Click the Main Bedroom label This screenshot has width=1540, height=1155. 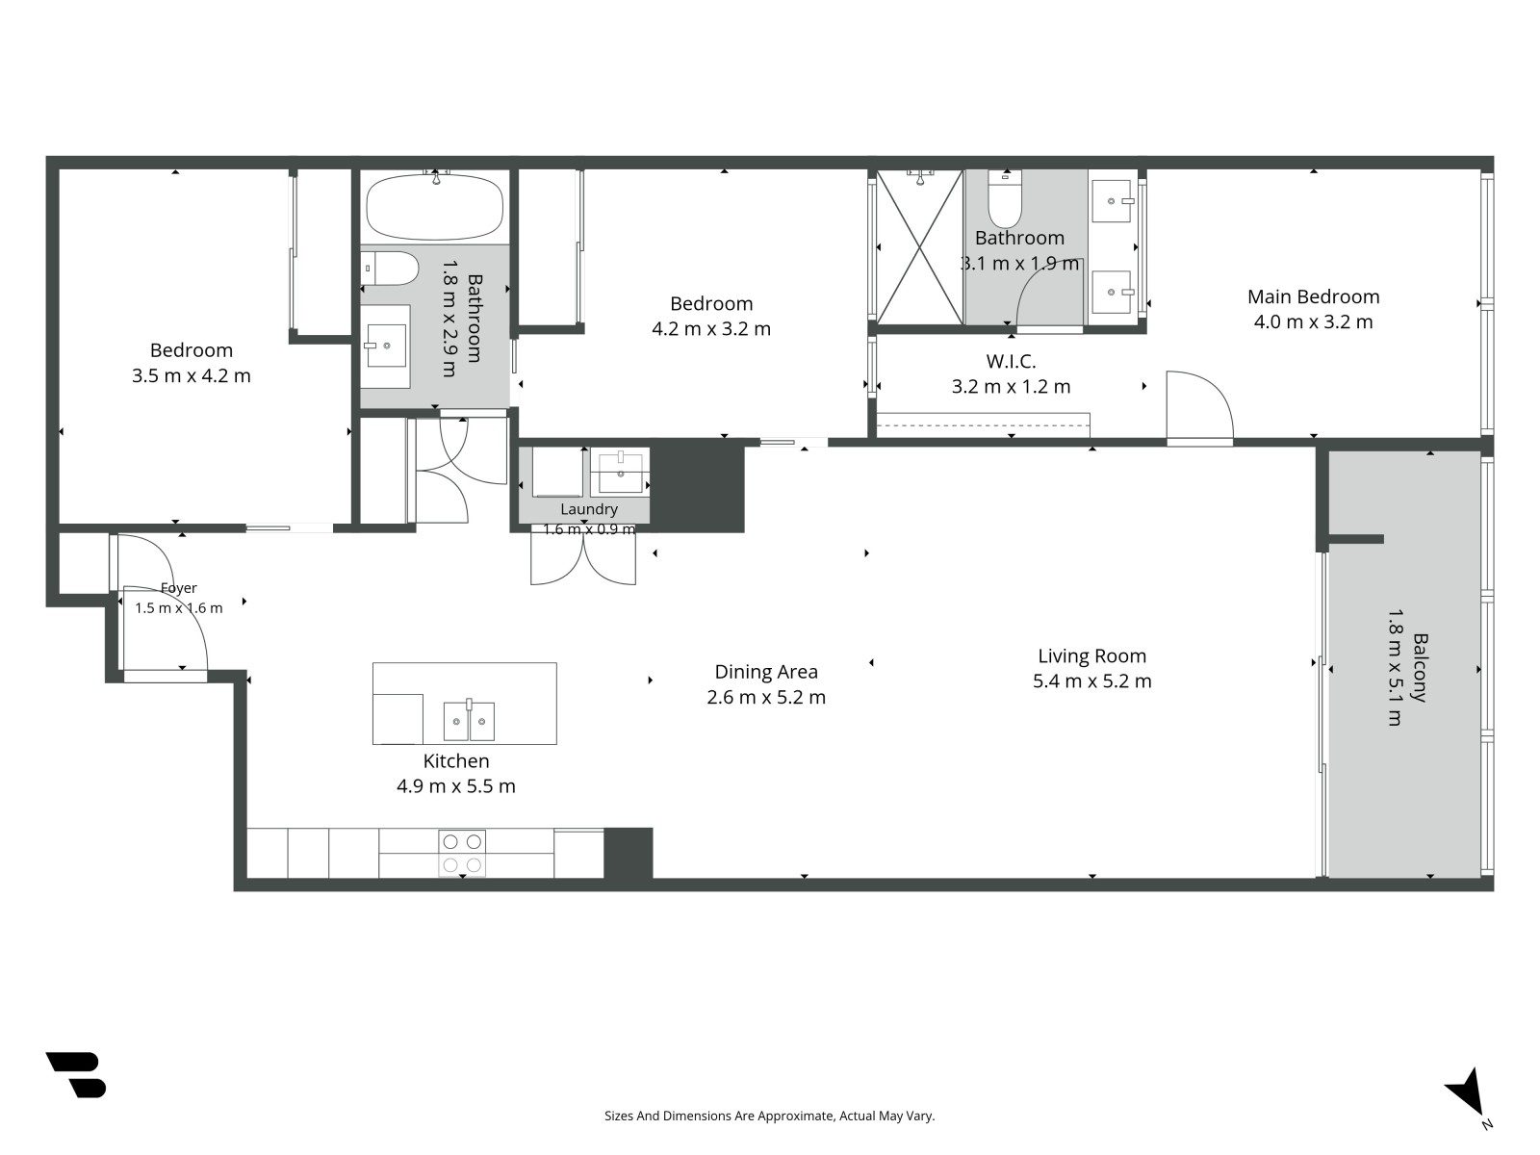1313,296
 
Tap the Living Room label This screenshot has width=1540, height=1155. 1091,655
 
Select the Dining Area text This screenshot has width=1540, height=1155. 766,672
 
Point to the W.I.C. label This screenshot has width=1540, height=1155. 1011,361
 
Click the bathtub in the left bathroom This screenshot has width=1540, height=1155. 435,207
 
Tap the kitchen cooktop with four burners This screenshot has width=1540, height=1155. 462,853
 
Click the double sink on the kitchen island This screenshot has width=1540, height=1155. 469,721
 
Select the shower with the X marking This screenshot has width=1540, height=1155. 919,246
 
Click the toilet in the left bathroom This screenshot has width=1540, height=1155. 390,269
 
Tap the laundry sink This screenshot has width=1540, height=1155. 620,472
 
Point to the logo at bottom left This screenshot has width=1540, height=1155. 76,1074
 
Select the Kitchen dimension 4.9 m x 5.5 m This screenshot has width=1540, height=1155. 456,786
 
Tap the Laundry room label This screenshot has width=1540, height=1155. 589,509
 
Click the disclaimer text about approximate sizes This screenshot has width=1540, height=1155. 770,1116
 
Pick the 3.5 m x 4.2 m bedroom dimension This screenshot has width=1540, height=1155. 191,376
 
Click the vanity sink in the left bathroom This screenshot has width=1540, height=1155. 385,346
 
